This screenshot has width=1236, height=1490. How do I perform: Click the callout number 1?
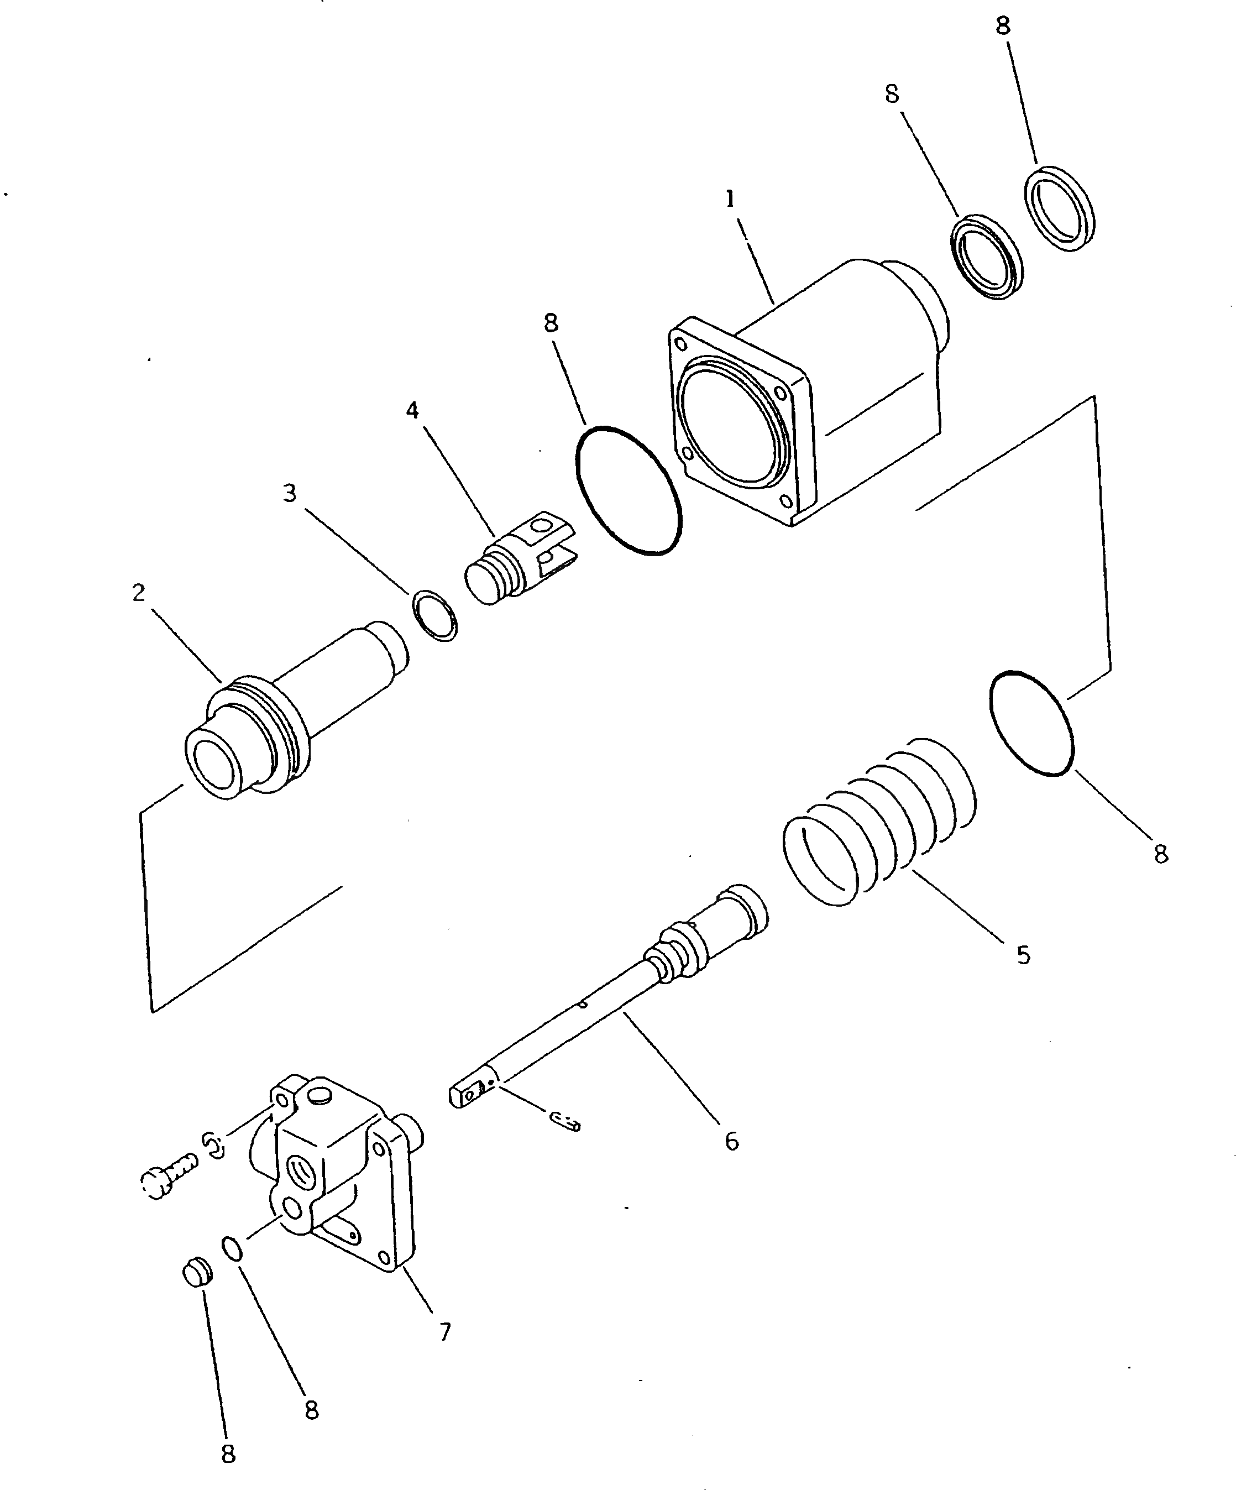pyautogui.click(x=730, y=200)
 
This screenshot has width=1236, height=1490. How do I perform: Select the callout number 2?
pyautogui.click(x=138, y=593)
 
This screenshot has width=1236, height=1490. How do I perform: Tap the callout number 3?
pyautogui.click(x=290, y=493)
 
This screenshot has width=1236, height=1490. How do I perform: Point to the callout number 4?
pyautogui.click(x=412, y=410)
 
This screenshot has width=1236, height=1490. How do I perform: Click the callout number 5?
pyautogui.click(x=1023, y=955)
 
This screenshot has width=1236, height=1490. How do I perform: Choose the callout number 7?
pyautogui.click(x=445, y=1332)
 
